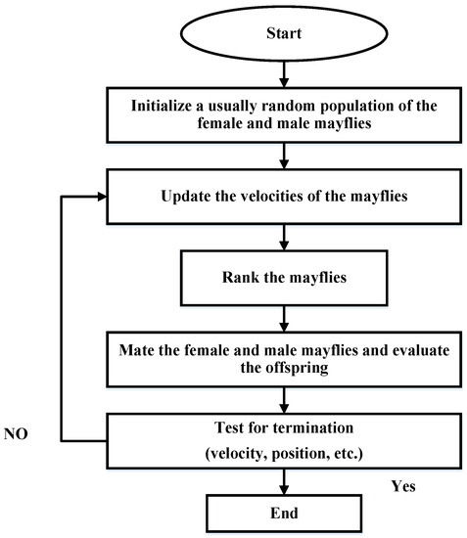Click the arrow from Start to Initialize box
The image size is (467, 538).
tap(283, 71)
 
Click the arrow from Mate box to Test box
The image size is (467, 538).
tap(283, 399)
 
